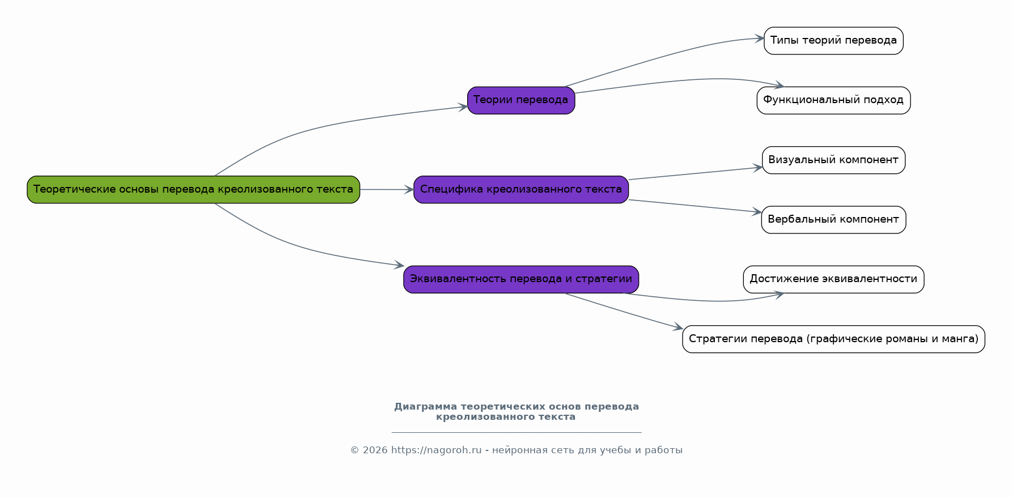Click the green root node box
point(193,189)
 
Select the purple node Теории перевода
point(520,100)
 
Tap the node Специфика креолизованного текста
point(520,189)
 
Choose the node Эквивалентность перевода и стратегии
point(520,279)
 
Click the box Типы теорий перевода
point(833,41)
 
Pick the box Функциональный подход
point(833,100)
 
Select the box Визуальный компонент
point(833,160)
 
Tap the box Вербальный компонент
point(833,219)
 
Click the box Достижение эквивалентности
point(833,279)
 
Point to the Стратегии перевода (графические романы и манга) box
point(833,339)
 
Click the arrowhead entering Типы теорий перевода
point(759,39)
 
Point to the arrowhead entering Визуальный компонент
point(757,168)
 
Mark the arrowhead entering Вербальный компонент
point(757,212)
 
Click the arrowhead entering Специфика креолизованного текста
point(409,190)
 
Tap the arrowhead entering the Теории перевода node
point(463,107)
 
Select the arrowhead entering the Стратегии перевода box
point(678,327)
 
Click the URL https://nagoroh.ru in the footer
point(436,450)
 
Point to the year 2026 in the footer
point(375,450)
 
